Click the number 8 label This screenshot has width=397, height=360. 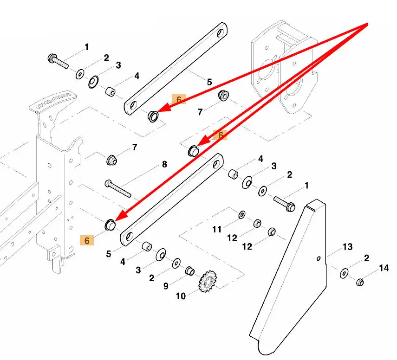(x=164, y=164)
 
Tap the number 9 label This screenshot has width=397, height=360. (x=166, y=286)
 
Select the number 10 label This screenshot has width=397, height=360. (x=180, y=296)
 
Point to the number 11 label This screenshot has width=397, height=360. (x=217, y=229)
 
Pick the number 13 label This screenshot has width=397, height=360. (x=348, y=247)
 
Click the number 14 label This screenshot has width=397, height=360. (x=384, y=268)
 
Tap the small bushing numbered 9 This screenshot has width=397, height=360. (x=189, y=270)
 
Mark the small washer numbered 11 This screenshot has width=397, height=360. (x=242, y=215)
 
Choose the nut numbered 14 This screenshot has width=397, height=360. (x=359, y=282)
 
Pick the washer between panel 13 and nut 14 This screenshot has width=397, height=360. (x=344, y=273)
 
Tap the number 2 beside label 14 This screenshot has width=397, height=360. (x=366, y=257)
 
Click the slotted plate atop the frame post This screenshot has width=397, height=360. (x=53, y=101)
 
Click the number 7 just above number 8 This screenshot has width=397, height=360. (x=135, y=148)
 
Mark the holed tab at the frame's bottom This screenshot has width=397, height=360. (x=53, y=254)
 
